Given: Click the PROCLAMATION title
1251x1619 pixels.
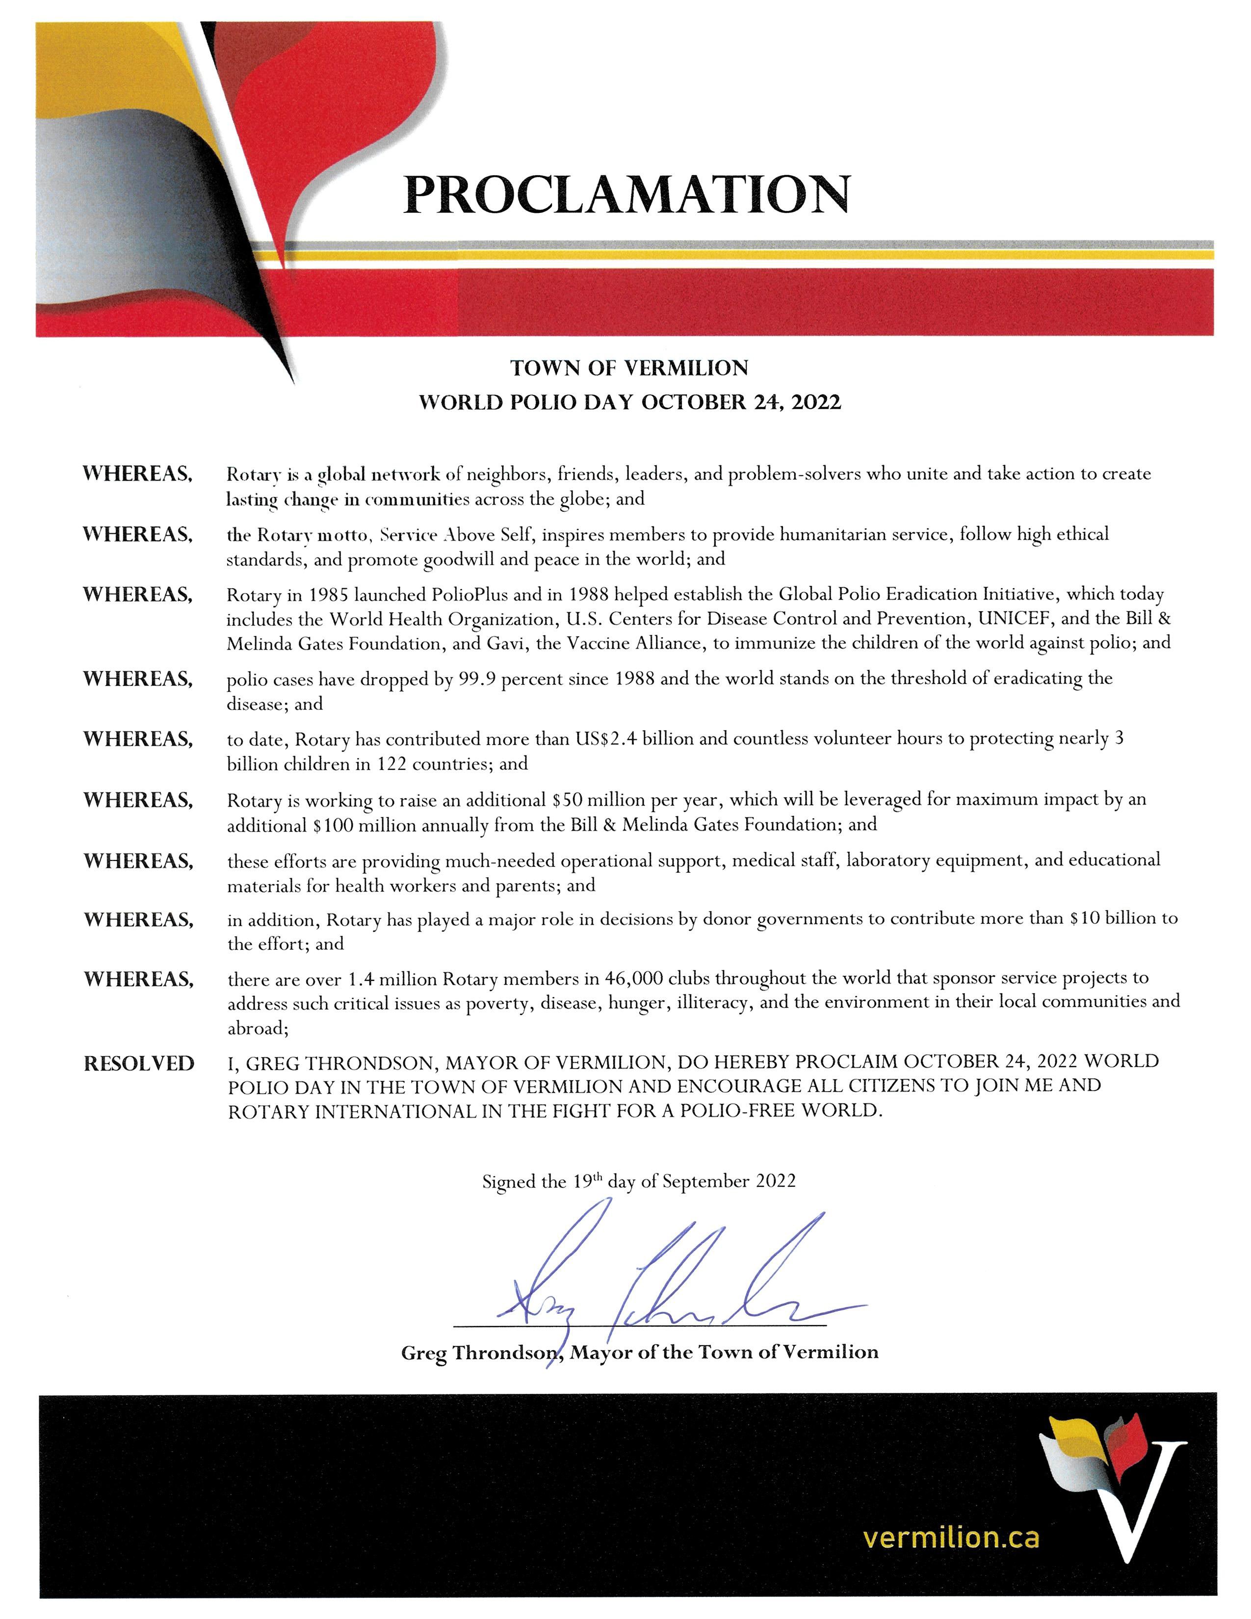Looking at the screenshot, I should (627, 194).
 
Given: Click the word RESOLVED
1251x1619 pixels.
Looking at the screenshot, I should (138, 1064).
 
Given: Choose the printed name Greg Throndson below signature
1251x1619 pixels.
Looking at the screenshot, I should (480, 1352).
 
